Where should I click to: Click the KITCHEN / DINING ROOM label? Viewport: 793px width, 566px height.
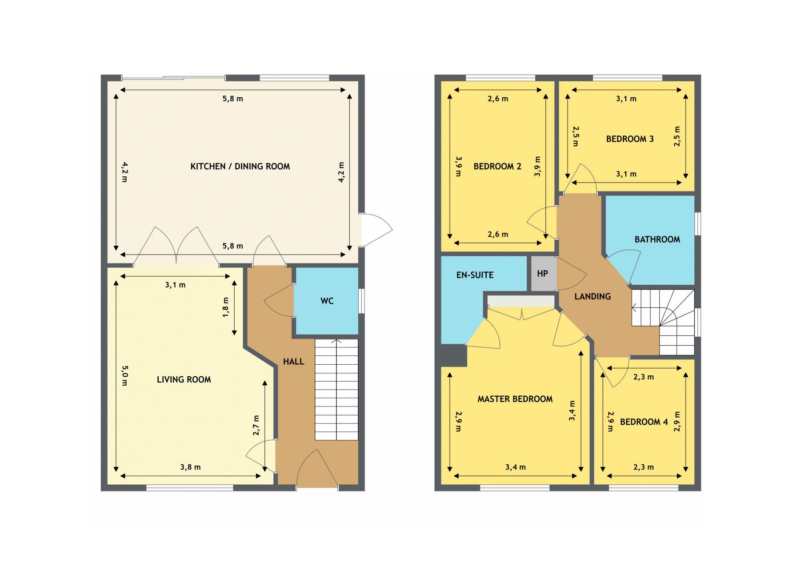click(x=240, y=167)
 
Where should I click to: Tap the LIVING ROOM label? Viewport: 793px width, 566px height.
click(x=184, y=379)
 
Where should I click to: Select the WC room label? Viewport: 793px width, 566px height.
click(x=327, y=301)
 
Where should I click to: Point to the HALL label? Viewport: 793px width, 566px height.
click(x=293, y=362)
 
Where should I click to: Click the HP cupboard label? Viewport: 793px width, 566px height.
click(x=542, y=273)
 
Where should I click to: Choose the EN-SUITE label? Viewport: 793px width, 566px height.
click(x=475, y=275)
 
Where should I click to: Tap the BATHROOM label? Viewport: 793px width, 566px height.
click(x=657, y=239)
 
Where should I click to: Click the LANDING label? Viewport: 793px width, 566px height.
click(x=593, y=296)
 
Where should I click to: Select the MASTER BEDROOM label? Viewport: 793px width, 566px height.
click(x=515, y=399)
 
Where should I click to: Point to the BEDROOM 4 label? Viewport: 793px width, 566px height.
click(x=644, y=422)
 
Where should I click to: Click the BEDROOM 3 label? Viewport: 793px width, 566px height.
click(x=630, y=139)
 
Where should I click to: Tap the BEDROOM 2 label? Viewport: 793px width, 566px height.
click(x=497, y=167)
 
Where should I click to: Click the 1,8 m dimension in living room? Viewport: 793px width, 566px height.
click(x=226, y=307)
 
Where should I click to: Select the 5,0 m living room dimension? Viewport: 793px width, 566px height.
click(x=124, y=375)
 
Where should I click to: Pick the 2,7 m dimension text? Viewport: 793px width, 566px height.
click(x=256, y=425)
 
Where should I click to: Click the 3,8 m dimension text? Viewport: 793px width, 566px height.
click(x=190, y=467)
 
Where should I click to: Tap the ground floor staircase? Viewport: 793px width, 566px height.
click(x=336, y=390)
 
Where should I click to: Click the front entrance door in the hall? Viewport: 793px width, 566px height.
click(x=317, y=469)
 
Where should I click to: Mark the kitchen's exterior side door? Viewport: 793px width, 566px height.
click(x=376, y=230)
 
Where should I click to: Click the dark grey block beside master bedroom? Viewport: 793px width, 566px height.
click(x=454, y=355)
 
